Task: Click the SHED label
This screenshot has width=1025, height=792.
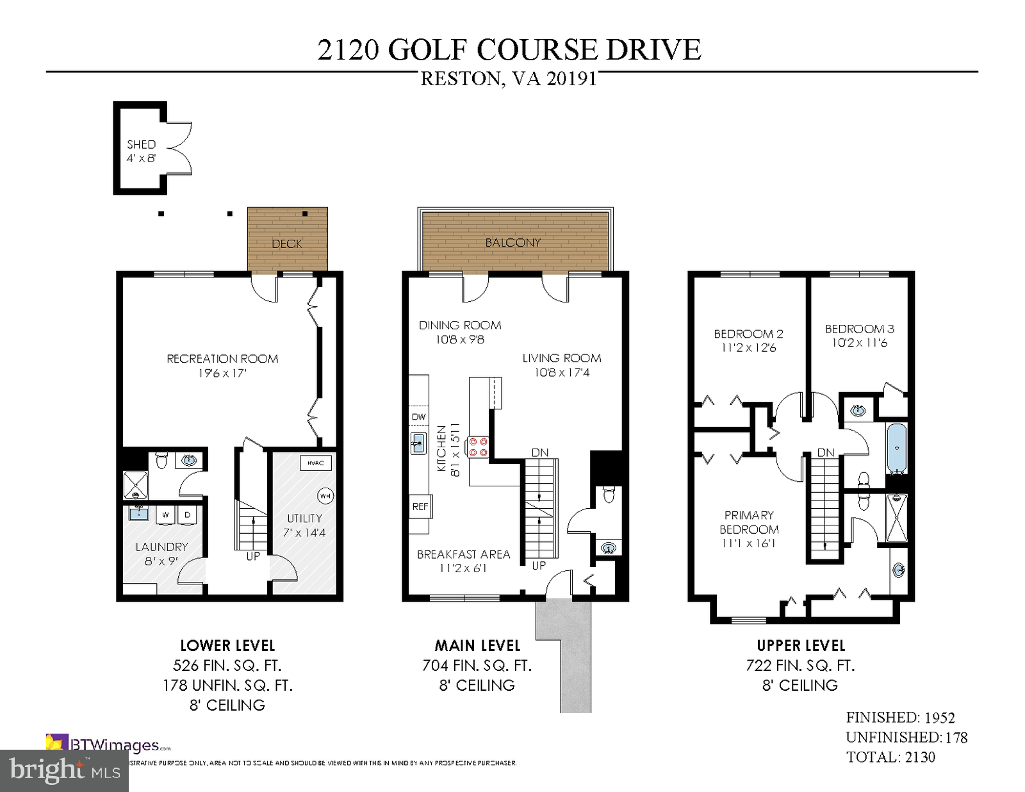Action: click(x=141, y=145)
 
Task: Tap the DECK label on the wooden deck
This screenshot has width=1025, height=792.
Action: click(x=286, y=243)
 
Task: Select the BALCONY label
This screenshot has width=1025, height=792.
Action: click(x=512, y=243)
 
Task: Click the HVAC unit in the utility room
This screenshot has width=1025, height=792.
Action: click(x=315, y=463)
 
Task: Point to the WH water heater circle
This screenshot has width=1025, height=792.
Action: click(x=325, y=496)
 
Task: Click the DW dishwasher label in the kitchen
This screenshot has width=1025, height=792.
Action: click(x=418, y=417)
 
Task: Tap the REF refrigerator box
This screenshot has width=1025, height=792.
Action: click(x=420, y=506)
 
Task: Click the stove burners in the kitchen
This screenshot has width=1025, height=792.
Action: click(x=477, y=447)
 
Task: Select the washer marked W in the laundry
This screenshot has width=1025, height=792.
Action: click(x=165, y=514)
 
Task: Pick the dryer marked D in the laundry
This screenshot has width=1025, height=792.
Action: click(x=188, y=514)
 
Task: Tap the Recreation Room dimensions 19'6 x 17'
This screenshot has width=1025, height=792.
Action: click(x=222, y=373)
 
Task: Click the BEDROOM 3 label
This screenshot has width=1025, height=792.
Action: click(x=859, y=329)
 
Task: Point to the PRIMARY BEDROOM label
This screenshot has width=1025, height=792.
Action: click(x=749, y=522)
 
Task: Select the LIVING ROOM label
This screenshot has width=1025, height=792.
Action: click(x=561, y=358)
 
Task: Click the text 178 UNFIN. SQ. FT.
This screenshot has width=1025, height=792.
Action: click(x=227, y=685)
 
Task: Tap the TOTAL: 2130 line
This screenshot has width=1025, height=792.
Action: click(x=890, y=757)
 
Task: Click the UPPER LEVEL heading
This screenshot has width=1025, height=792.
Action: click(x=801, y=645)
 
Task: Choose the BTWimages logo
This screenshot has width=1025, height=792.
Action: click(x=108, y=745)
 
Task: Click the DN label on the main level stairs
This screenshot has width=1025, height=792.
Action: click(x=539, y=452)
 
